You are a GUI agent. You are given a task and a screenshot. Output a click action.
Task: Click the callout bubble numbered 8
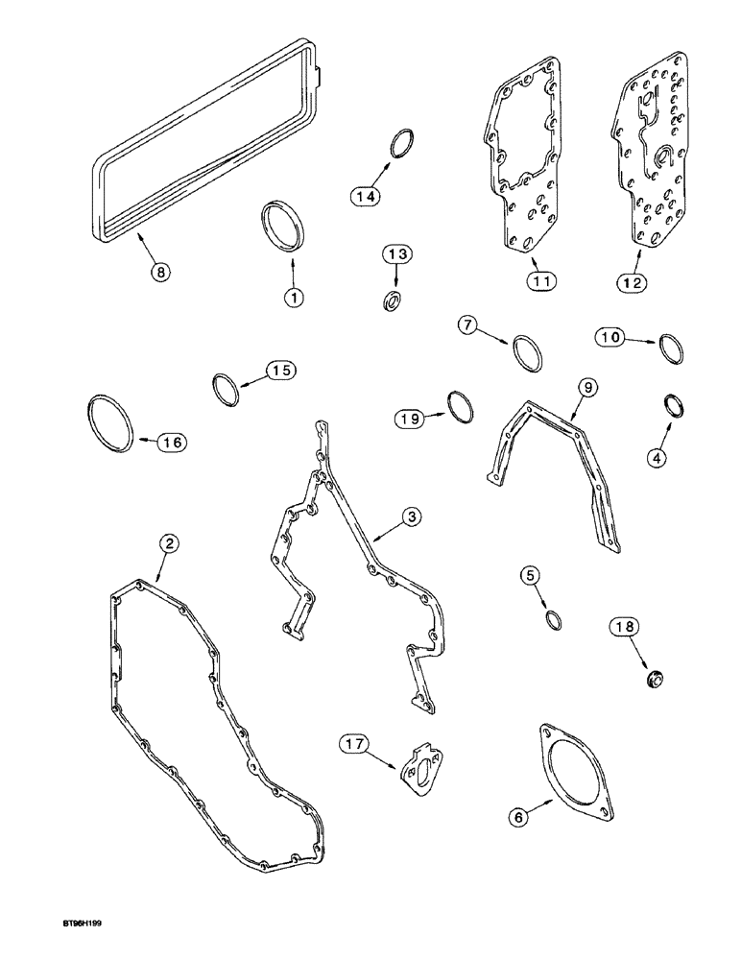click(x=161, y=273)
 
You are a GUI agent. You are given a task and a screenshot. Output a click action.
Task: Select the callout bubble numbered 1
click(x=293, y=297)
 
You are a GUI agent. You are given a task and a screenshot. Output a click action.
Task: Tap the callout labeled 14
click(x=366, y=196)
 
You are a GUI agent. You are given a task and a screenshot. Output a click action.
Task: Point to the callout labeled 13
click(x=398, y=254)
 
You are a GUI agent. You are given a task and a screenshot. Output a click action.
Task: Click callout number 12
click(x=633, y=282)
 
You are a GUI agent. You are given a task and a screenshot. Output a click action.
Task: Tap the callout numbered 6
click(x=519, y=816)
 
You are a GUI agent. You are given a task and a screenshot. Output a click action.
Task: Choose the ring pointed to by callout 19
click(x=462, y=406)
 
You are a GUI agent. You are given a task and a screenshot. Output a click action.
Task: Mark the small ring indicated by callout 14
click(x=402, y=144)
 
